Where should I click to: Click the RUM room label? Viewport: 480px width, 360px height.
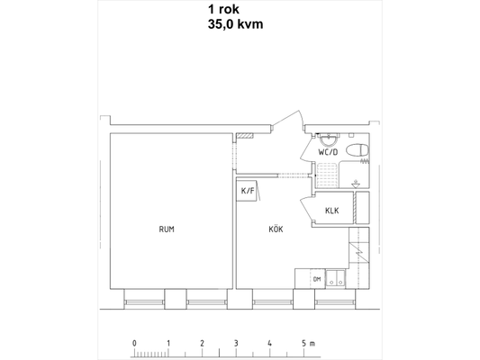click(x=167, y=229)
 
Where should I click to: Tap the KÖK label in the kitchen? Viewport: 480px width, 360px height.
click(x=276, y=229)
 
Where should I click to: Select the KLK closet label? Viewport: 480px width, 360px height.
click(x=331, y=211)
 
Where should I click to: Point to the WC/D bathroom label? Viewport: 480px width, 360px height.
click(x=328, y=152)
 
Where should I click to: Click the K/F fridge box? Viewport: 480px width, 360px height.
click(x=247, y=191)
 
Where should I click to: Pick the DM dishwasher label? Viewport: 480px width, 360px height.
click(x=317, y=279)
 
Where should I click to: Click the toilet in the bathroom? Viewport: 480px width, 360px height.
click(x=358, y=150)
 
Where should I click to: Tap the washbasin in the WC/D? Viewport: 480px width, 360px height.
click(x=328, y=140)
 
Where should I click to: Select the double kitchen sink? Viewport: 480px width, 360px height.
click(x=336, y=278)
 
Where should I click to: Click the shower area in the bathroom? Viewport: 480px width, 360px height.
click(x=327, y=175)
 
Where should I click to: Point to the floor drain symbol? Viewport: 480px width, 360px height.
click(x=356, y=184)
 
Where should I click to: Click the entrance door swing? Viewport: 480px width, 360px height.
click(x=288, y=121)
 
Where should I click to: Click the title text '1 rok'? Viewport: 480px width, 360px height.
click(x=223, y=9)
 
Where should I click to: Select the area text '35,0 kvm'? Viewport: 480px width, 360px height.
click(x=235, y=24)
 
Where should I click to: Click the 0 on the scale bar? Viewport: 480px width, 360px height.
click(x=134, y=343)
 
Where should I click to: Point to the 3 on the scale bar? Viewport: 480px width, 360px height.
click(x=236, y=343)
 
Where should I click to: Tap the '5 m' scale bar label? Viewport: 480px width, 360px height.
click(x=308, y=343)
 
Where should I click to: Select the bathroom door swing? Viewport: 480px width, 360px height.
click(x=307, y=150)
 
